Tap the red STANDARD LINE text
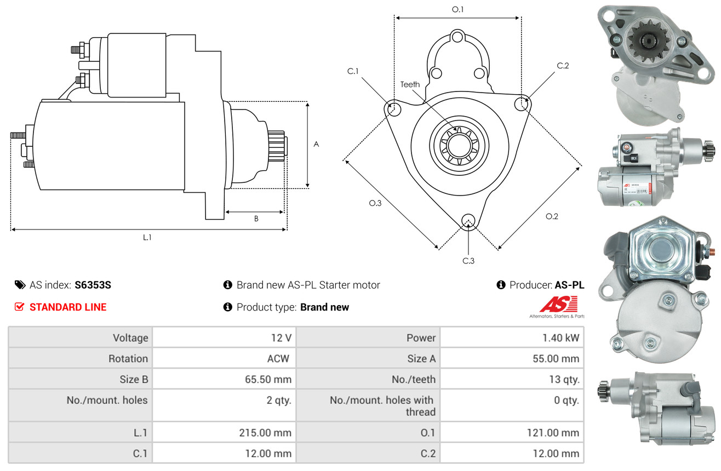(x=68, y=307)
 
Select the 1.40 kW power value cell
(x=560, y=338)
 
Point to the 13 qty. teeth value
(x=564, y=380)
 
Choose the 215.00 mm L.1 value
(x=265, y=433)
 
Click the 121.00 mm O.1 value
(x=554, y=433)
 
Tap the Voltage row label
(x=130, y=338)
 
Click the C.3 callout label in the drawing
(x=468, y=261)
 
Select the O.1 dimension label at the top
(x=458, y=9)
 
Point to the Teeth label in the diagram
(x=410, y=84)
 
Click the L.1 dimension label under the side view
(x=147, y=237)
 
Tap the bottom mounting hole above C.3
(x=468, y=221)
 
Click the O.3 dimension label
(x=375, y=203)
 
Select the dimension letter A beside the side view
(x=316, y=144)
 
